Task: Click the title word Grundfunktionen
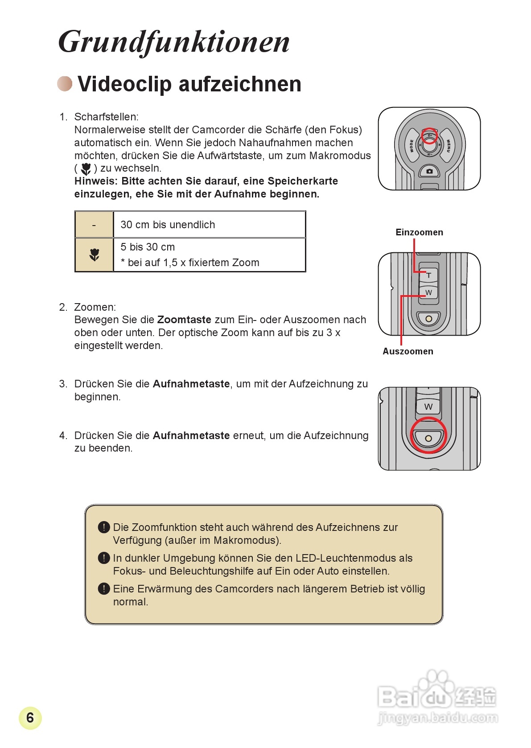click(174, 42)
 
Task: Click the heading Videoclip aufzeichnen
click(189, 84)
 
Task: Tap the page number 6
click(30, 718)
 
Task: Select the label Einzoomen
click(419, 232)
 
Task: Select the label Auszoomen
click(408, 351)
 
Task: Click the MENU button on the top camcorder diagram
click(448, 145)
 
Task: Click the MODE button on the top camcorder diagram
click(411, 145)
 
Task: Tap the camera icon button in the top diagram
click(429, 171)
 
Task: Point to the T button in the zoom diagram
click(428, 275)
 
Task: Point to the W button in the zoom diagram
click(428, 292)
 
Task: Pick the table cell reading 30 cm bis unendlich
click(168, 225)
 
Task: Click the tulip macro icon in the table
click(94, 255)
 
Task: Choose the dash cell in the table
click(94, 225)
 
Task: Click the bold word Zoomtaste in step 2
click(184, 320)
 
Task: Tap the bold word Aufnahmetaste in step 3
click(191, 384)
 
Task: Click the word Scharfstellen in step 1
click(106, 117)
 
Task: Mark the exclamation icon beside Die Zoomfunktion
click(103, 527)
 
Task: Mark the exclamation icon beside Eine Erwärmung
click(103, 589)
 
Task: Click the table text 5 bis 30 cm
click(148, 247)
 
